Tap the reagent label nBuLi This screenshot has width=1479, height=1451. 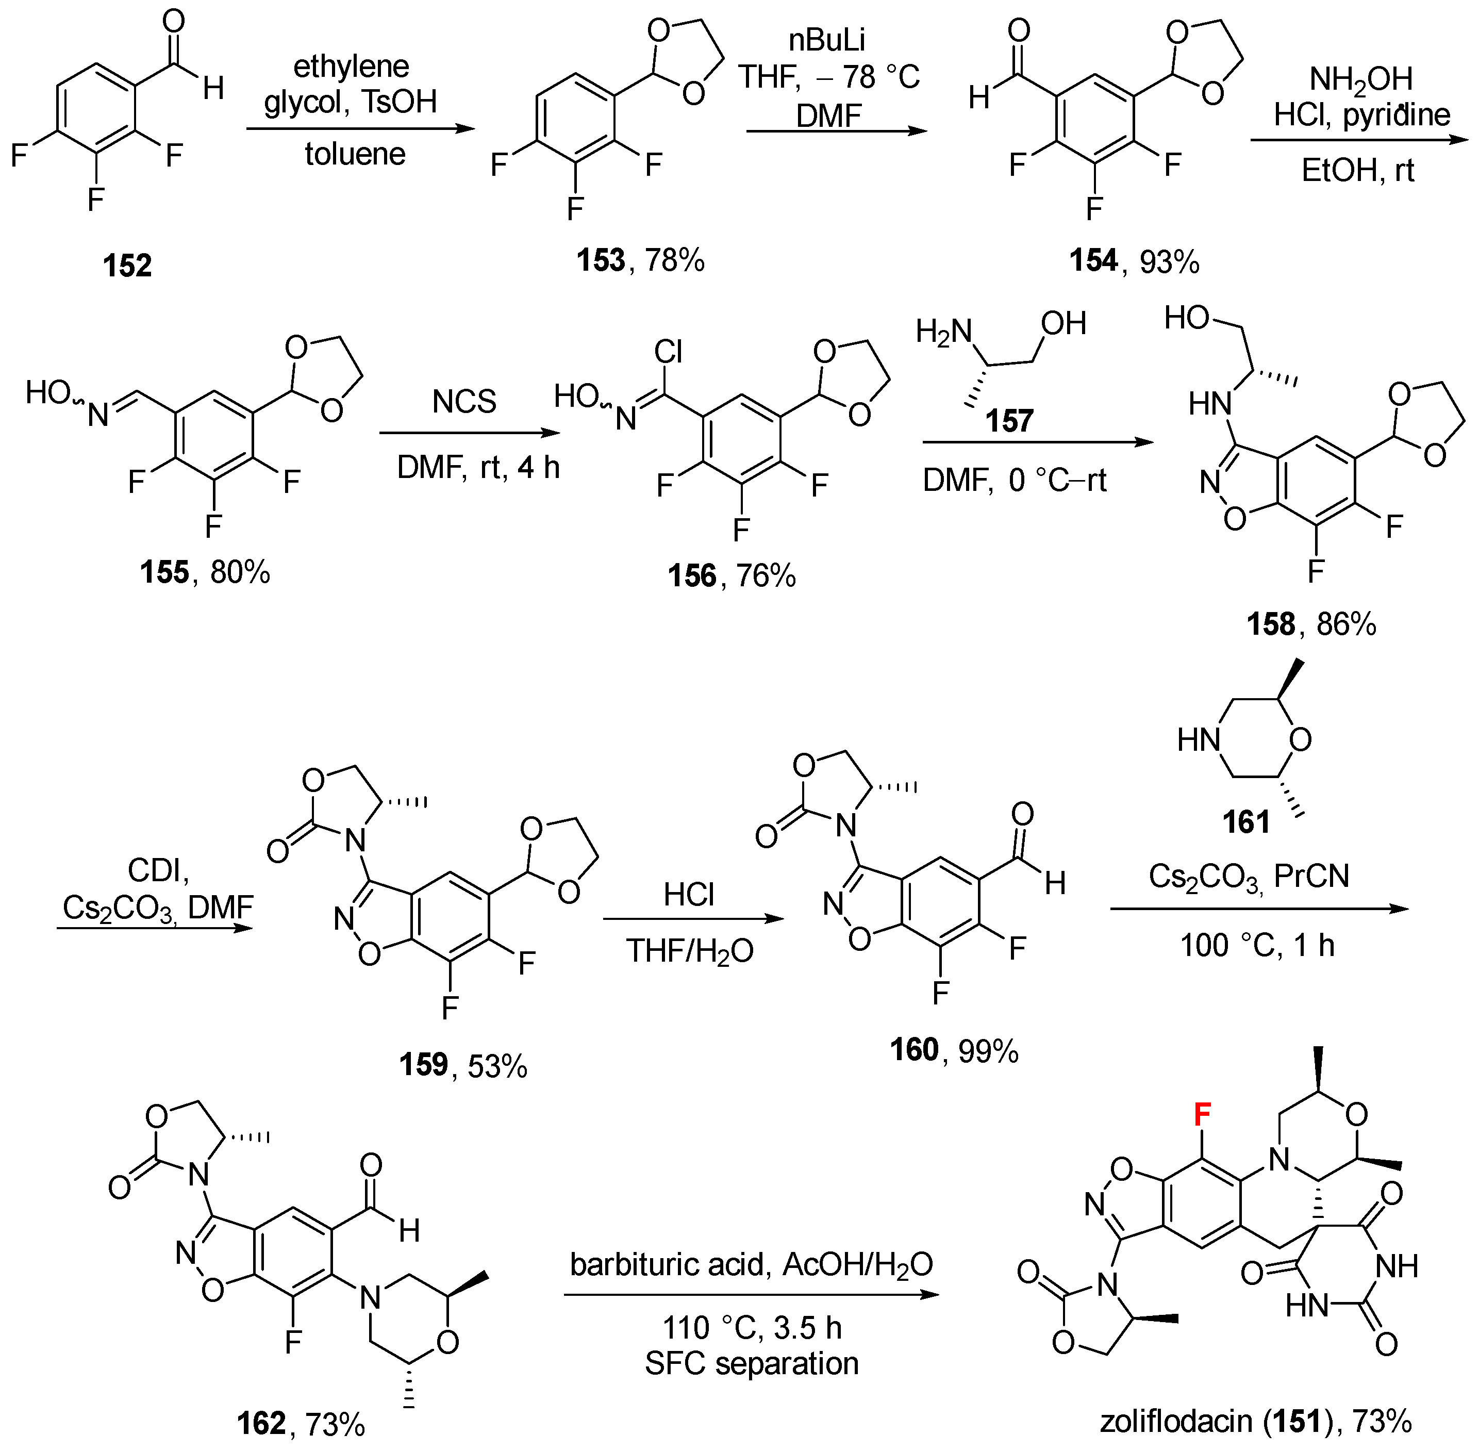[827, 40]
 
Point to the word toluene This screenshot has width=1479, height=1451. [355, 155]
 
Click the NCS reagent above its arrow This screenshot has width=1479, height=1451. [464, 402]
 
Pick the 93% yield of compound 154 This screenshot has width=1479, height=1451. [1170, 262]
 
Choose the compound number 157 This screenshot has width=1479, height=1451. [1009, 421]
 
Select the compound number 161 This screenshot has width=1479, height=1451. [1247, 822]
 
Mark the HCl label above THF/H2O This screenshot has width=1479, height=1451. [689, 895]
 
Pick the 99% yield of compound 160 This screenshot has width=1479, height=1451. [988, 1052]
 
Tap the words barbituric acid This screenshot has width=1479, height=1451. [666, 1265]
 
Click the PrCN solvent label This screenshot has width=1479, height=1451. [1311, 877]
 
